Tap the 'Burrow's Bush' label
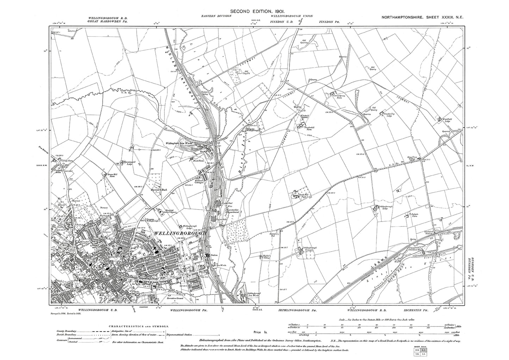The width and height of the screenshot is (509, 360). click(x=167, y=190)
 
